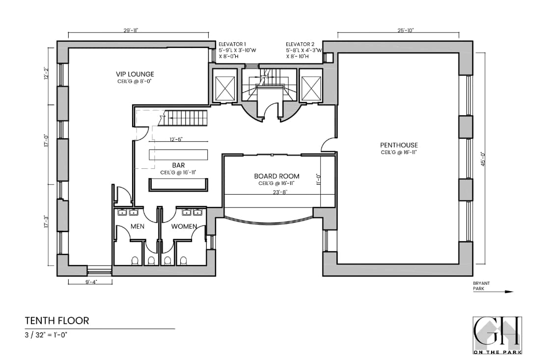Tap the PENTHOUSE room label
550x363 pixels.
pos(399,145)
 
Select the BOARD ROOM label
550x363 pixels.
pos(276,176)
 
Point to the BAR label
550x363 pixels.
pos(178,166)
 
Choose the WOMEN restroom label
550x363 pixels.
pos(184,227)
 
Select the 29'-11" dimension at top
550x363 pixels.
pos(131,30)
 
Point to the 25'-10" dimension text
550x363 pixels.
pos(406,30)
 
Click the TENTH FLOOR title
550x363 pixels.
pos(57,321)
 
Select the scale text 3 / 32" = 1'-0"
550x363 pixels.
pos(46,334)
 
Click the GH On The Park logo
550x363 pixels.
pos(497,335)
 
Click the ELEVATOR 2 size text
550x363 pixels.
pos(304,50)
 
